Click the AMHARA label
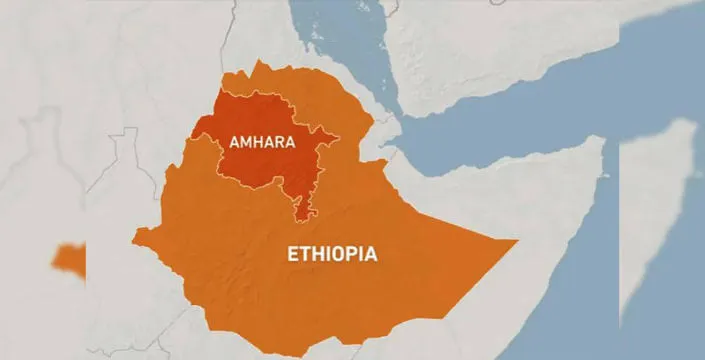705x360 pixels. tap(262, 142)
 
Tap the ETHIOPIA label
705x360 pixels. tap(332, 254)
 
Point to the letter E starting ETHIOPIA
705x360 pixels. tap(292, 254)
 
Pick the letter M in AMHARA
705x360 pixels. tap(246, 142)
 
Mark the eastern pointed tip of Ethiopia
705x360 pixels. tap(515, 242)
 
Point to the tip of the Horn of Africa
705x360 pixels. tap(603, 140)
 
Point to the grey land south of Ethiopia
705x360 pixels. tap(300, 345)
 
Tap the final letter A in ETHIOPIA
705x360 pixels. tap(371, 254)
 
